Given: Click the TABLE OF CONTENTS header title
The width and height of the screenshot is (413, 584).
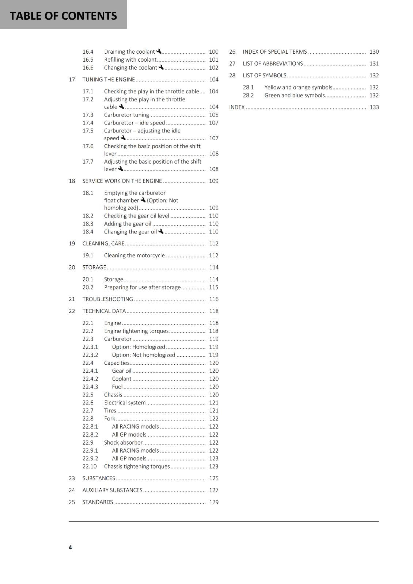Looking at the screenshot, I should pyautogui.click(x=63, y=16).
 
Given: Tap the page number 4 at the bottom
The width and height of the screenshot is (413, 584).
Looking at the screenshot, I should pyautogui.click(x=70, y=547).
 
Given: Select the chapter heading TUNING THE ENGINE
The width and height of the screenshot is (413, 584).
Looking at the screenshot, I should pyautogui.click(x=109, y=80).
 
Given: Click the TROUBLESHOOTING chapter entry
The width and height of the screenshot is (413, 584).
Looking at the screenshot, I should pyautogui.click(x=107, y=299).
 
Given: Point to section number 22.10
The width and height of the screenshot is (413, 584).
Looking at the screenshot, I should pyautogui.click(x=90, y=466).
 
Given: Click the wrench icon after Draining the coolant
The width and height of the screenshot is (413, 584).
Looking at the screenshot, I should pyautogui.click(x=159, y=51).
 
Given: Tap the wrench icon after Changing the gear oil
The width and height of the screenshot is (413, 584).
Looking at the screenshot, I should pyautogui.click(x=161, y=231).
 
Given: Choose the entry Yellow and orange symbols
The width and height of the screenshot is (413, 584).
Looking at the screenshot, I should pyautogui.click(x=298, y=87).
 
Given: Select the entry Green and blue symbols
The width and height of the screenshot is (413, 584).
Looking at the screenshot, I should pyautogui.click(x=294, y=95).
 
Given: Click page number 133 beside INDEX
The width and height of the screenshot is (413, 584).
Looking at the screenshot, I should pyautogui.click(x=374, y=107).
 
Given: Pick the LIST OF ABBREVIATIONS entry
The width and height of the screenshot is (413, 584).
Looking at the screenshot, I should pyautogui.click(x=273, y=64).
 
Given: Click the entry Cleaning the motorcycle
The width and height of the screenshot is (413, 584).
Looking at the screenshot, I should pyautogui.click(x=134, y=255).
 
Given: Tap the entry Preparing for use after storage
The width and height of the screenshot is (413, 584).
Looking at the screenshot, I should pyautogui.click(x=142, y=287).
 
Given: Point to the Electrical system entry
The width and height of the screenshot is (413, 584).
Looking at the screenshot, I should pyautogui.click(x=125, y=403).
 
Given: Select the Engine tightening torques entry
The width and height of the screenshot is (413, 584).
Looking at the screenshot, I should pyautogui.click(x=136, y=331).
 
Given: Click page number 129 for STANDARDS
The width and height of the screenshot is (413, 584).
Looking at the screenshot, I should pyautogui.click(x=214, y=502).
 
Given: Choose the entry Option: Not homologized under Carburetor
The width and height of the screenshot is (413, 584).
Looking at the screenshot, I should pyautogui.click(x=144, y=355).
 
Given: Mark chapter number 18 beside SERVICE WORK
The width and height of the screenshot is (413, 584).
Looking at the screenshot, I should pyautogui.click(x=72, y=181).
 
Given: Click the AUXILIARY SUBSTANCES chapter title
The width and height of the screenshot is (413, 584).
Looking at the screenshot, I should pyautogui.click(x=112, y=490).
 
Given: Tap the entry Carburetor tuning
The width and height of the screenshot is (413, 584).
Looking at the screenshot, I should pyautogui.click(x=126, y=115).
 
